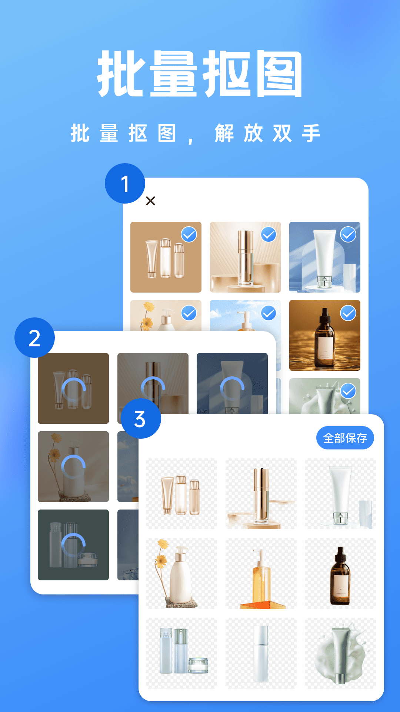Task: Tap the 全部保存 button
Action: (x=345, y=438)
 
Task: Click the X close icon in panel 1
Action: (x=150, y=201)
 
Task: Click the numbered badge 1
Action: (x=125, y=184)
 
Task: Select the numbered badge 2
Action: (x=34, y=338)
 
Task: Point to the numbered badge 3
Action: (x=141, y=419)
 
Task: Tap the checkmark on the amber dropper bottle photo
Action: (x=348, y=313)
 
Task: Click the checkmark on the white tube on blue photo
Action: (x=348, y=234)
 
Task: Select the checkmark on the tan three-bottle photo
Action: (x=189, y=234)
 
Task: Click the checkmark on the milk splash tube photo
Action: (x=348, y=391)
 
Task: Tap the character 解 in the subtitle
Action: (x=224, y=133)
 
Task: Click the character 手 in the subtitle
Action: (x=311, y=133)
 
